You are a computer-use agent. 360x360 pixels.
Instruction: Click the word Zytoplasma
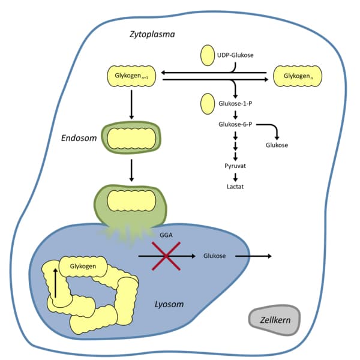[x=152, y=34]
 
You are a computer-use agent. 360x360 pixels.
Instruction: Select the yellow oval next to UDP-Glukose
[x=208, y=55]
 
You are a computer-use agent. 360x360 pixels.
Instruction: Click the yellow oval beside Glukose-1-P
[x=208, y=103]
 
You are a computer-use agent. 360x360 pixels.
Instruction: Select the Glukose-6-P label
[x=236, y=124]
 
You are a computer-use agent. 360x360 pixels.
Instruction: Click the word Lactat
[x=235, y=187]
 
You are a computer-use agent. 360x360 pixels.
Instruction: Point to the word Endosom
[x=78, y=137]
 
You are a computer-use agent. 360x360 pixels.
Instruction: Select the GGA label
[x=167, y=236]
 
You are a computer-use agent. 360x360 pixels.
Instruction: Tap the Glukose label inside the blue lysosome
[x=214, y=256]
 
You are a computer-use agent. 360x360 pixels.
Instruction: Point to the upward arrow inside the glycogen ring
[x=55, y=283]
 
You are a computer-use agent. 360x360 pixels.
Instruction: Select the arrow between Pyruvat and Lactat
[x=235, y=176]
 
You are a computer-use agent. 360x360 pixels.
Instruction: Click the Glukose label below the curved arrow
[x=276, y=145]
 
